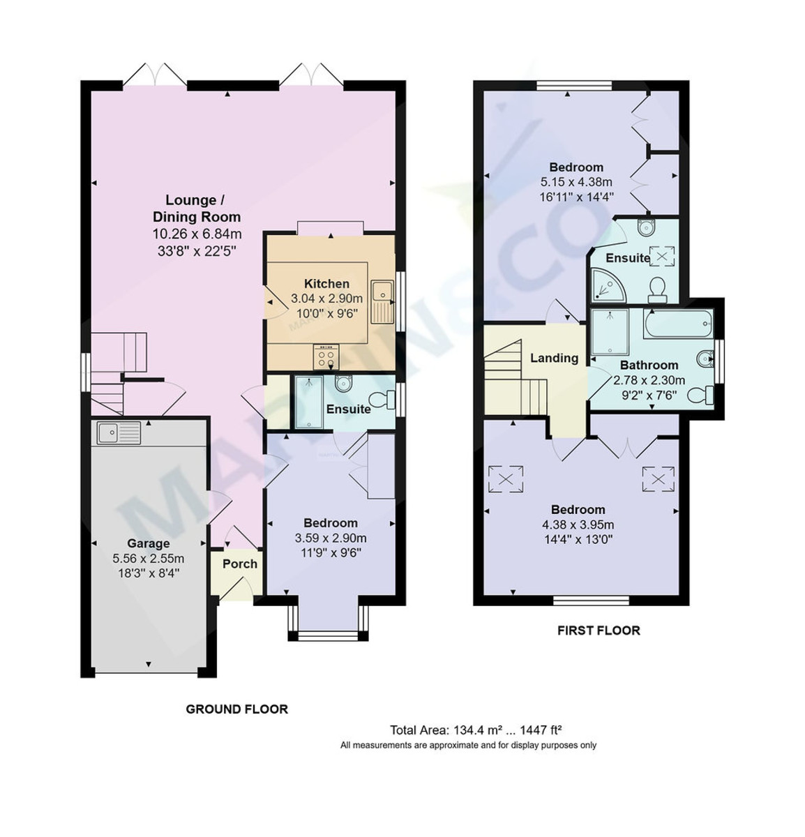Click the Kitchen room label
point(326,284)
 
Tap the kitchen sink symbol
point(382,302)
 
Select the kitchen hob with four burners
point(326,358)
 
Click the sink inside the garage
point(119,433)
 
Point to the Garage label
point(148,543)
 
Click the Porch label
point(239,564)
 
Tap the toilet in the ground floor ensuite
point(380,400)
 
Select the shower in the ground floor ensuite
point(308,402)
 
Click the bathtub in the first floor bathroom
point(677,325)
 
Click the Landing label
point(554,358)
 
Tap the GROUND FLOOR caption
point(236,709)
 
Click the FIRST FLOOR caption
point(598,631)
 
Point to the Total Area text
point(476,730)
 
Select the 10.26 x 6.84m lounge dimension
point(197,234)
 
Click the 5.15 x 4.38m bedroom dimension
point(576,182)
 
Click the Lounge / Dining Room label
point(196,209)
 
